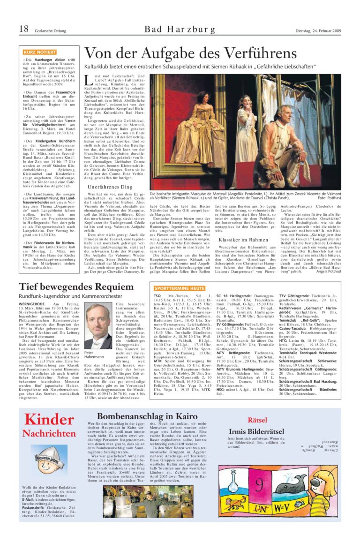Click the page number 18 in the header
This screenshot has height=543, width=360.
click(24, 30)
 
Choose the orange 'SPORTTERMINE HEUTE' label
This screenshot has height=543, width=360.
click(180, 288)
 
